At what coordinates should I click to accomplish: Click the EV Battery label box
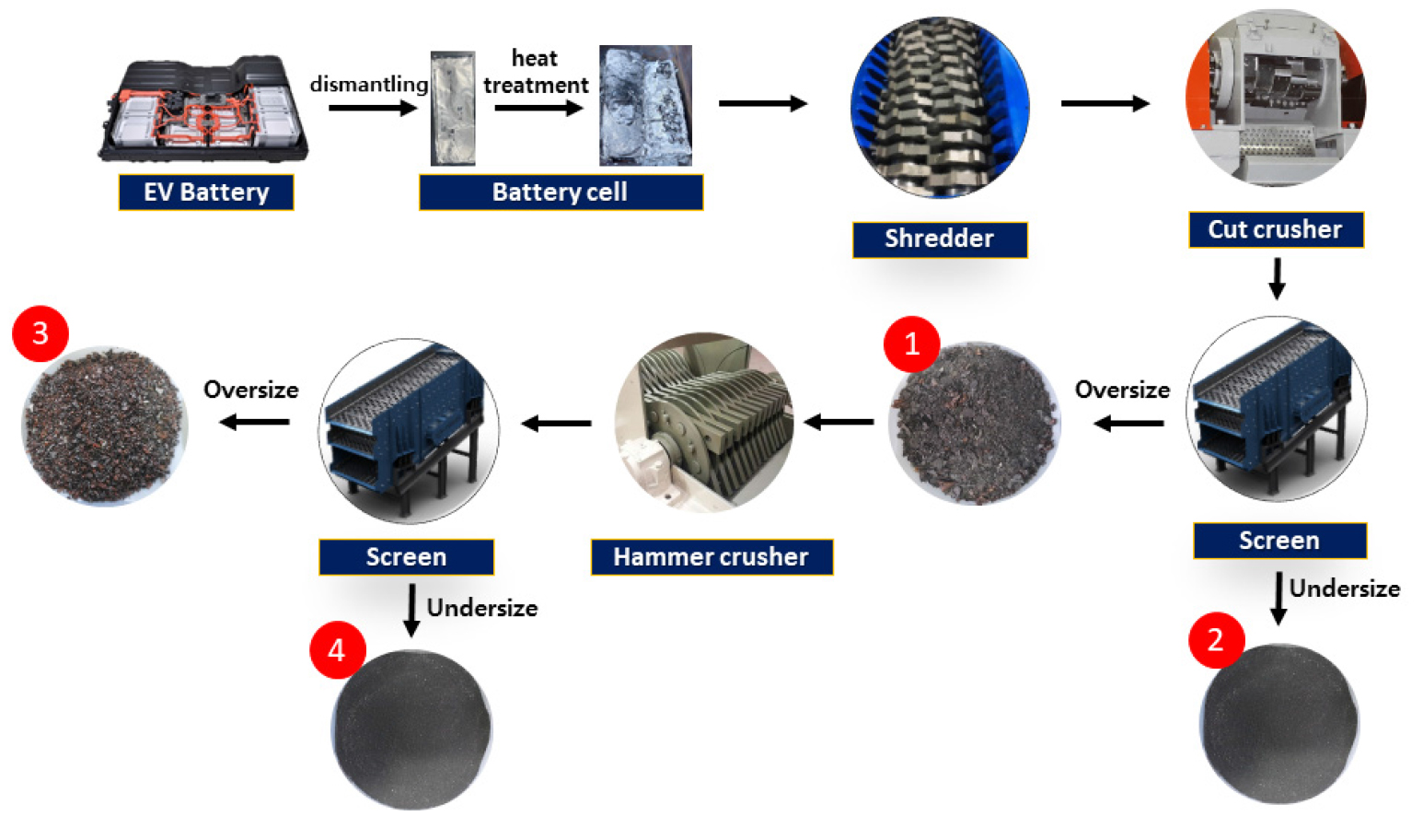[x=206, y=192]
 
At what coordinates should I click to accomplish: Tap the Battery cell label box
[x=561, y=192]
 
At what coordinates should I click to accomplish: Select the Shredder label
[x=939, y=239]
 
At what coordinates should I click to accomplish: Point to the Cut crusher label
[x=1275, y=229]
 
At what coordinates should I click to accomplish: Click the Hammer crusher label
[x=711, y=557]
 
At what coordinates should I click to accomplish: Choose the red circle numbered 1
[x=911, y=344]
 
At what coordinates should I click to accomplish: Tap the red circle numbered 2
[x=1216, y=640]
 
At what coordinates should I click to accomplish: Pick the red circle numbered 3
[x=40, y=333]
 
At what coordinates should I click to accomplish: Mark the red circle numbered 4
[x=337, y=650]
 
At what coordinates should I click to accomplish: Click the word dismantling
[x=368, y=85]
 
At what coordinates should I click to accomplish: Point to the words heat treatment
[x=536, y=72]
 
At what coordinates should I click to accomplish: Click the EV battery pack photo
[x=203, y=110]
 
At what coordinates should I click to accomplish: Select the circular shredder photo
[x=940, y=107]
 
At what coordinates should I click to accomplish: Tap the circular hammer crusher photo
[x=704, y=421]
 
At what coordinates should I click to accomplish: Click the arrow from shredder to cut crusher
[x=1105, y=103]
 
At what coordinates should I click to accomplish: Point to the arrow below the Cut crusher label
[x=1277, y=278]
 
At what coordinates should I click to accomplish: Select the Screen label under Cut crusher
[x=1278, y=541]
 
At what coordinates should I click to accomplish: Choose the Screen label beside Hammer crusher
[x=406, y=557]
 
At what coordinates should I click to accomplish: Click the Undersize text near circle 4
[x=482, y=608]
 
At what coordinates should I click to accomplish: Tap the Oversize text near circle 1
[x=1122, y=391]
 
